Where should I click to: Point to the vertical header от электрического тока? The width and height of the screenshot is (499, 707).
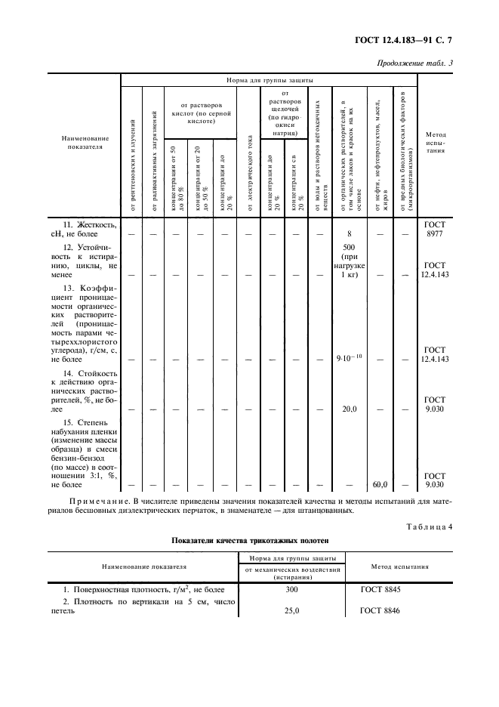tap(249, 170)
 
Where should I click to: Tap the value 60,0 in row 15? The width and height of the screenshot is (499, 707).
tap(380, 484)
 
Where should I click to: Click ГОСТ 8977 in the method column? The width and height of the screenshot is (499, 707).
tap(436, 230)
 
